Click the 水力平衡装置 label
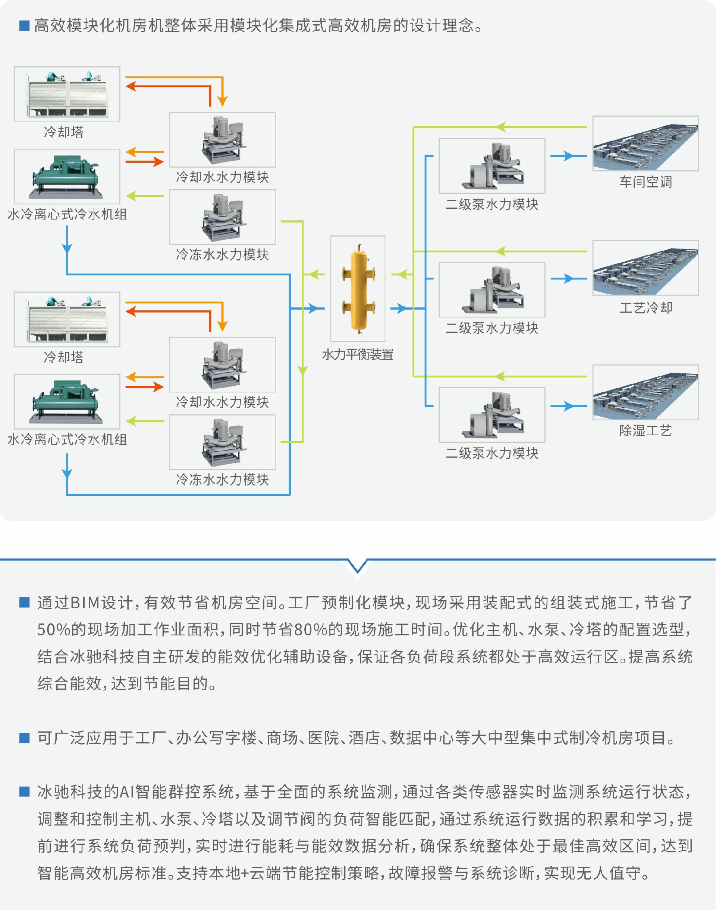point(358,355)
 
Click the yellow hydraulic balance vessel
point(358,289)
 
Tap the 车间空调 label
point(646,182)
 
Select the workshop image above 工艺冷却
point(646,268)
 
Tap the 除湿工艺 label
point(646,430)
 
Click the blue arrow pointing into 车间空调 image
point(568,156)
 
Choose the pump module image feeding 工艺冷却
point(492,290)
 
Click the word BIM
point(85,603)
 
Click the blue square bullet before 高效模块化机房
point(24,26)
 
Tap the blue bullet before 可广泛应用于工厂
point(24,738)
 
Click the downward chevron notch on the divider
point(358,567)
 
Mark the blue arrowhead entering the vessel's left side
point(314,309)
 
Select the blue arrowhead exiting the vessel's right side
point(402,309)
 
